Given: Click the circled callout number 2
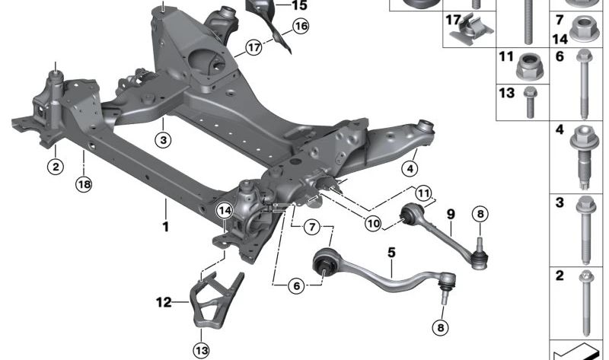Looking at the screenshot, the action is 56,167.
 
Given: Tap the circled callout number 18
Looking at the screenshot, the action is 84,184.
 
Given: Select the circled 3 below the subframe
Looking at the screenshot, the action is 163,140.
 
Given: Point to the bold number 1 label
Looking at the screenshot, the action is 166,226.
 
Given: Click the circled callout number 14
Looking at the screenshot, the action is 225,211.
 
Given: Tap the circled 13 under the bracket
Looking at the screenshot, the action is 202,351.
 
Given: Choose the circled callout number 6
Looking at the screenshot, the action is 297,286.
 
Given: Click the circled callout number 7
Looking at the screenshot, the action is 312,226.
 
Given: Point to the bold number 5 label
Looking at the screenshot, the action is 391,253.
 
